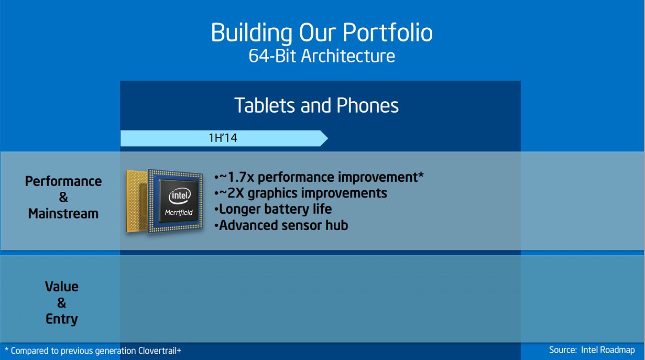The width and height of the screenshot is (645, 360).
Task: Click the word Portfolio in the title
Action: coord(388,33)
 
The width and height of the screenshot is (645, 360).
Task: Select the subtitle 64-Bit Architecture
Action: coord(322,56)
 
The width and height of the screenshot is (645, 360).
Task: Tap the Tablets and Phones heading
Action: coord(316,105)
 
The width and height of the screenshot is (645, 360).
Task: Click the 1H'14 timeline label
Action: coord(223,138)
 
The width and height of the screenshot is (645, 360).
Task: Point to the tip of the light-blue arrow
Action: coord(327,138)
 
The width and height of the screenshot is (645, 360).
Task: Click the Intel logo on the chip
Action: coord(179,197)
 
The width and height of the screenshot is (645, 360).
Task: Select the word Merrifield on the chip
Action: coord(179,213)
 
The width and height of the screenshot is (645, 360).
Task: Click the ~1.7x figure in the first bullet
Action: coord(237,177)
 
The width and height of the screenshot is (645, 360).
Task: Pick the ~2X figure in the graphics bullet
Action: coord(232,193)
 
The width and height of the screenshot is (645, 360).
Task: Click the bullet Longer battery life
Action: coord(273,210)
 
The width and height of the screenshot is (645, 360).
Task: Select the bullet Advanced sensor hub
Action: coord(281,225)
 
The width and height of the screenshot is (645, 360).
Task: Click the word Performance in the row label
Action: coord(63,182)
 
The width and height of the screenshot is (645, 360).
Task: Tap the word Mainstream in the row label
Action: coord(63,214)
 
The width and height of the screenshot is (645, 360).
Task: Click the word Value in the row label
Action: coord(62,287)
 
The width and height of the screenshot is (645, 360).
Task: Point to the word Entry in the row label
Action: coord(62,319)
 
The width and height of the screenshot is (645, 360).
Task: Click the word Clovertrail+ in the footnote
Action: coord(159,351)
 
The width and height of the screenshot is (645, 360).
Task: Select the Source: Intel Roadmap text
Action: coord(592,350)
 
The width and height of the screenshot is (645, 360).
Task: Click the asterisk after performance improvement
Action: coord(421,174)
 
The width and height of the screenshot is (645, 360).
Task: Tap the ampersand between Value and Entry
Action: coord(62,303)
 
